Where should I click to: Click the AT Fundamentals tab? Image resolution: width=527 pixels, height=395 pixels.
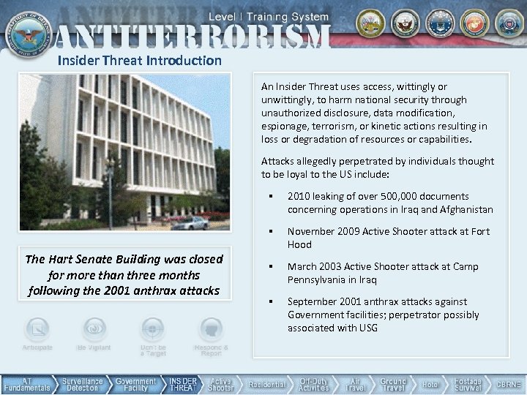[x=26, y=384]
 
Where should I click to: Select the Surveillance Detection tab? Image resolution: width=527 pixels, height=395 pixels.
[x=82, y=384]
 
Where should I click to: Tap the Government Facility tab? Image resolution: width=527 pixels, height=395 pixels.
[x=135, y=384]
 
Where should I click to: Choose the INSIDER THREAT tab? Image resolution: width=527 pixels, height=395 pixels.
[x=183, y=384]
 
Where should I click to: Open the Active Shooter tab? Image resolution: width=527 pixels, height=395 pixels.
[x=220, y=384]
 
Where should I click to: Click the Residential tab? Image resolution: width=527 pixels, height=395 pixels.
[x=266, y=384]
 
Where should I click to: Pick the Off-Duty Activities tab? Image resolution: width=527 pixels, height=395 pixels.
[x=314, y=384]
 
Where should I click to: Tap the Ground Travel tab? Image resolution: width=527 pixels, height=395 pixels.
[x=393, y=384]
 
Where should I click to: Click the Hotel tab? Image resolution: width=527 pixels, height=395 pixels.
[x=431, y=384]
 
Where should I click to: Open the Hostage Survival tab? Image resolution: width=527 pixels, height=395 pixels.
[x=468, y=384]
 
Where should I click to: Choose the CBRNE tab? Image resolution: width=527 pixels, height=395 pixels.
[x=508, y=384]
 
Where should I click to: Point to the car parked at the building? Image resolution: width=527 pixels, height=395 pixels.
[x=189, y=222]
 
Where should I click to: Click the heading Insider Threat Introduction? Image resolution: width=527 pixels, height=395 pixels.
[x=140, y=61]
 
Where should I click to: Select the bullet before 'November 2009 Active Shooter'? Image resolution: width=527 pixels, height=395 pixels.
[x=271, y=232]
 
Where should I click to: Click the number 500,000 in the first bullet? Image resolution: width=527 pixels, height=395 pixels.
[x=374, y=196]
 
